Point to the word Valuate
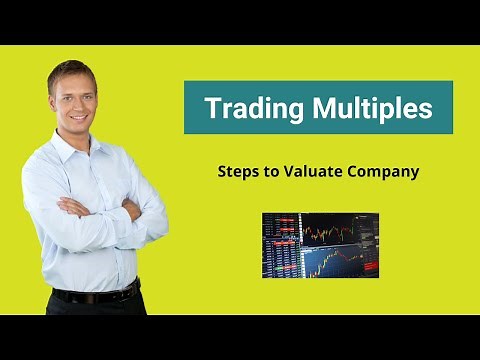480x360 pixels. click(313, 171)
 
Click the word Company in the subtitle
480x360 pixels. click(384, 171)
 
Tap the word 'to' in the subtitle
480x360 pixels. click(271, 171)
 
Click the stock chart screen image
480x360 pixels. click(320, 244)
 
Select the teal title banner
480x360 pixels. click(318, 107)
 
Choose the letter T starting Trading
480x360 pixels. click(212, 108)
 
